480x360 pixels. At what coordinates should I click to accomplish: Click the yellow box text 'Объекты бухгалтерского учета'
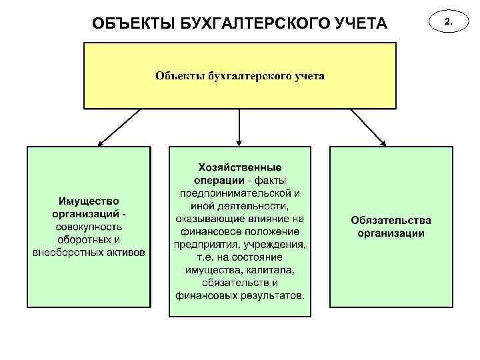tap(240, 75)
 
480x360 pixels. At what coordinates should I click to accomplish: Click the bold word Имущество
tap(89, 201)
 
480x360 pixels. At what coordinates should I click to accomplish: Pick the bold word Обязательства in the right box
tap(391, 220)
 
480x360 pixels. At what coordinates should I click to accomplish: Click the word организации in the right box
tap(391, 233)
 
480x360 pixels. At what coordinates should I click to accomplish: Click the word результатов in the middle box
tap(269, 295)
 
